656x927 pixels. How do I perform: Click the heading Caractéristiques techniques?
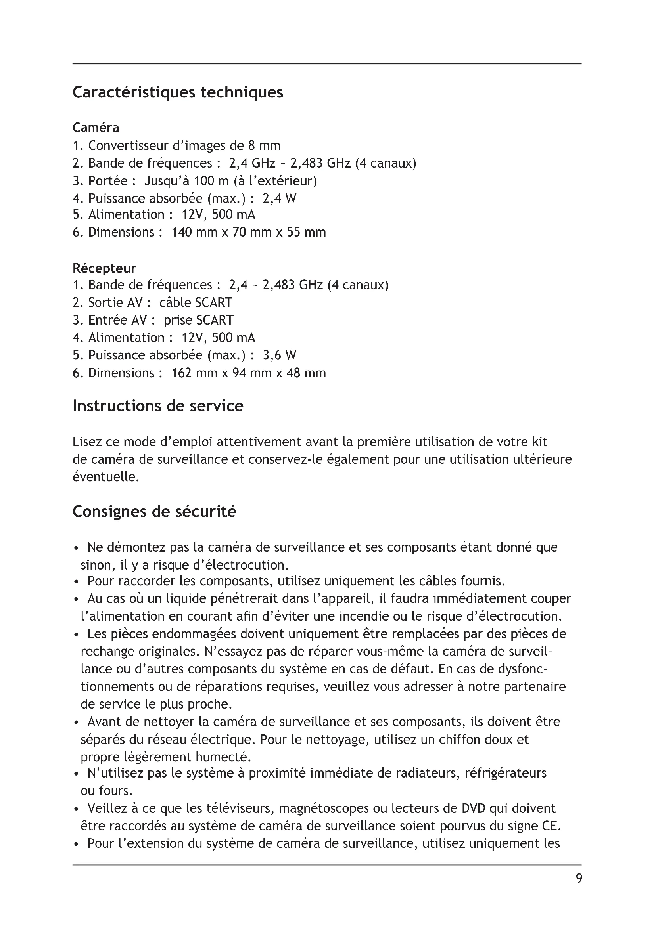[x=178, y=92]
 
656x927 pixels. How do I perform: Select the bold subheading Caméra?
[x=96, y=128]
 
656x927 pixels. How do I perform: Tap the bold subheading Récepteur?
[x=104, y=268]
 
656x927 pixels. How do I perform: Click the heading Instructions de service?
[x=158, y=406]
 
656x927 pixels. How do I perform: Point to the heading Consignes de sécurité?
[x=154, y=512]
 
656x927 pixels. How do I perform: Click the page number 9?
[x=579, y=878]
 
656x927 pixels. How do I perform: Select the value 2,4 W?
[x=279, y=198]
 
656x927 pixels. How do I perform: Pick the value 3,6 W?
[x=279, y=355]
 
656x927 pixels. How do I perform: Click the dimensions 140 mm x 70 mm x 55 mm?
[x=248, y=232]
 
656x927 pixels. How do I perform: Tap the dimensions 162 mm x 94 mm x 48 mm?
[x=248, y=373]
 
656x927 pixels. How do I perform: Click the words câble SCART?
[x=196, y=302]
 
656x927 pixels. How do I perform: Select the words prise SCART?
[x=198, y=320]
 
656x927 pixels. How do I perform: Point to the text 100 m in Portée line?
[x=205, y=180]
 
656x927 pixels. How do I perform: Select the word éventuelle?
[x=106, y=477]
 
